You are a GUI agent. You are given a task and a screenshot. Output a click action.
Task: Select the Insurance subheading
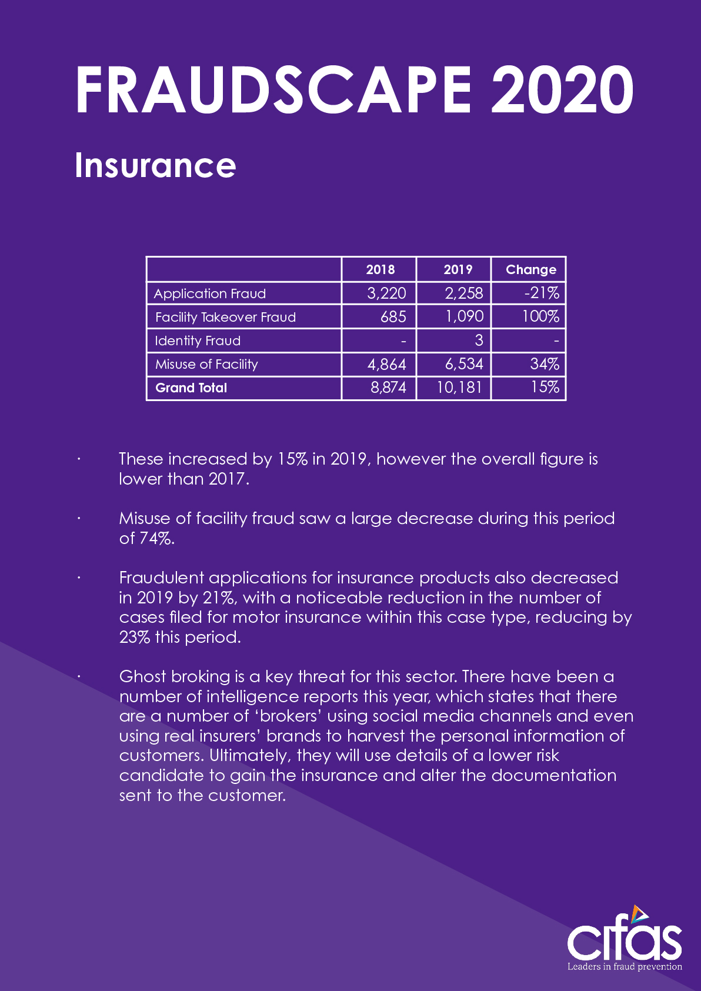pos(155,166)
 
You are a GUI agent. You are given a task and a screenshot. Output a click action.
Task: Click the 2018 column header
pos(380,269)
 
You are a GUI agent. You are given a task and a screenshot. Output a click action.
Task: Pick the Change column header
pos(530,269)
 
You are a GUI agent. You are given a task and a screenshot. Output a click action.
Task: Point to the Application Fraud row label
pos(210,293)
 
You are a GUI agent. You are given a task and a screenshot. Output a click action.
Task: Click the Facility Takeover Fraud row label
pos(225,317)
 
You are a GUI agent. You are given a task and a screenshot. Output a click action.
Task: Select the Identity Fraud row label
pos(198,341)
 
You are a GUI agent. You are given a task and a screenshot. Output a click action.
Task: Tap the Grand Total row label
pos(191,388)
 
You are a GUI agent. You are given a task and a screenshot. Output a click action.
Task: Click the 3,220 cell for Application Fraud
pos(386,293)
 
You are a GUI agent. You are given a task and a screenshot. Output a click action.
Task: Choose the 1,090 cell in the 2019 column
pos(464,316)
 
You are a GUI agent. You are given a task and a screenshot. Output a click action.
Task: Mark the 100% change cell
pos(540,316)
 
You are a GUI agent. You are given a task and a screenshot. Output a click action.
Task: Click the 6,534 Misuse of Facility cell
pos(464,364)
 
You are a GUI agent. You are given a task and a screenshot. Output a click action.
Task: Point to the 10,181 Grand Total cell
pos(459,387)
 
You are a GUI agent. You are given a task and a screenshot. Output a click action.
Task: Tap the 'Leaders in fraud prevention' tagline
pos(625,966)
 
